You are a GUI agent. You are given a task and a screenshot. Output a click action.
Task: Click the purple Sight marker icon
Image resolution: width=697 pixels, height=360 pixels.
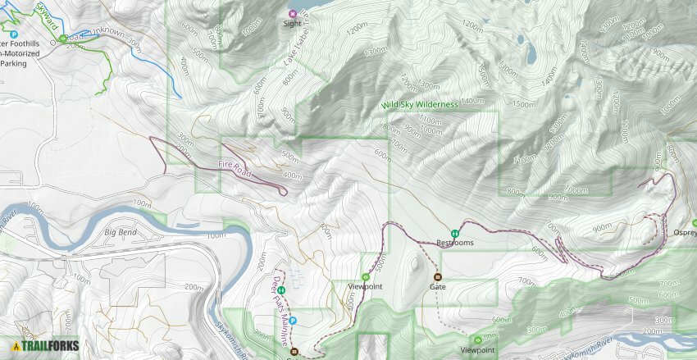click(x=293, y=13)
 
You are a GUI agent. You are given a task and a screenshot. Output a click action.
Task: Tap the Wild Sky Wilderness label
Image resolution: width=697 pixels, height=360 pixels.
click(x=418, y=105)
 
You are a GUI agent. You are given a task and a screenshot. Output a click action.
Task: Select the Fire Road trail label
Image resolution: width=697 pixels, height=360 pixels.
click(x=235, y=166)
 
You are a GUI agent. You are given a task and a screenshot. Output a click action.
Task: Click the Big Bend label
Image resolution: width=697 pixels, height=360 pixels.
click(x=121, y=232)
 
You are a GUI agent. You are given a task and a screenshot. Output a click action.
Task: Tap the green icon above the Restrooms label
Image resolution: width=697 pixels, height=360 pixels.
click(x=454, y=232)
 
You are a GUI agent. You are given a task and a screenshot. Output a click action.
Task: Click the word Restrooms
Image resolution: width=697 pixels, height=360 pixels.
click(x=454, y=243)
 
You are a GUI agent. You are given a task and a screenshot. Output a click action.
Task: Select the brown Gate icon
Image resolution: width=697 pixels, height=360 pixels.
click(x=437, y=276)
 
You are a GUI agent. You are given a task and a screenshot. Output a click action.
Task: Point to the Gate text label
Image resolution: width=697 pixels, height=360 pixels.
click(x=437, y=287)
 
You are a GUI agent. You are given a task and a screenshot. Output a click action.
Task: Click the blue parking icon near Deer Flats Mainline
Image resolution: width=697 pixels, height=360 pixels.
click(x=293, y=321)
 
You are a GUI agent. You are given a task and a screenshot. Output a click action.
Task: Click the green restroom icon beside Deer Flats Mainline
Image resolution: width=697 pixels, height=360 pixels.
click(x=281, y=290)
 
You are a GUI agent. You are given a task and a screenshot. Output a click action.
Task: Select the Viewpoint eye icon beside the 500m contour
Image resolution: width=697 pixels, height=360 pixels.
click(x=366, y=277)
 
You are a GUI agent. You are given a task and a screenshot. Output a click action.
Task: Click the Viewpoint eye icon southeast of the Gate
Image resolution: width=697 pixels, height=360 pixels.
click(x=477, y=339)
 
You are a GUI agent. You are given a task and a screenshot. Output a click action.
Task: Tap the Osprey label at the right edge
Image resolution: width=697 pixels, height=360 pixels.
click(x=684, y=231)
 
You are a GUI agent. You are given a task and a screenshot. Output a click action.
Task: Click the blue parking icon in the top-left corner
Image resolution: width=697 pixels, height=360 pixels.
click(x=13, y=34)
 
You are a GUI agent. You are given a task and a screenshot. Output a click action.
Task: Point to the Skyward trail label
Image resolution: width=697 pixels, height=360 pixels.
click(x=46, y=16)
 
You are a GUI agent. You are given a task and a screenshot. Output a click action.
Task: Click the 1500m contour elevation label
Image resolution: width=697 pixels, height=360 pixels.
click(x=525, y=104)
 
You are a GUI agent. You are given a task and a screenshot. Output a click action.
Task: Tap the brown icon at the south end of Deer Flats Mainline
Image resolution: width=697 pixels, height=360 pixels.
click(x=293, y=353)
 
